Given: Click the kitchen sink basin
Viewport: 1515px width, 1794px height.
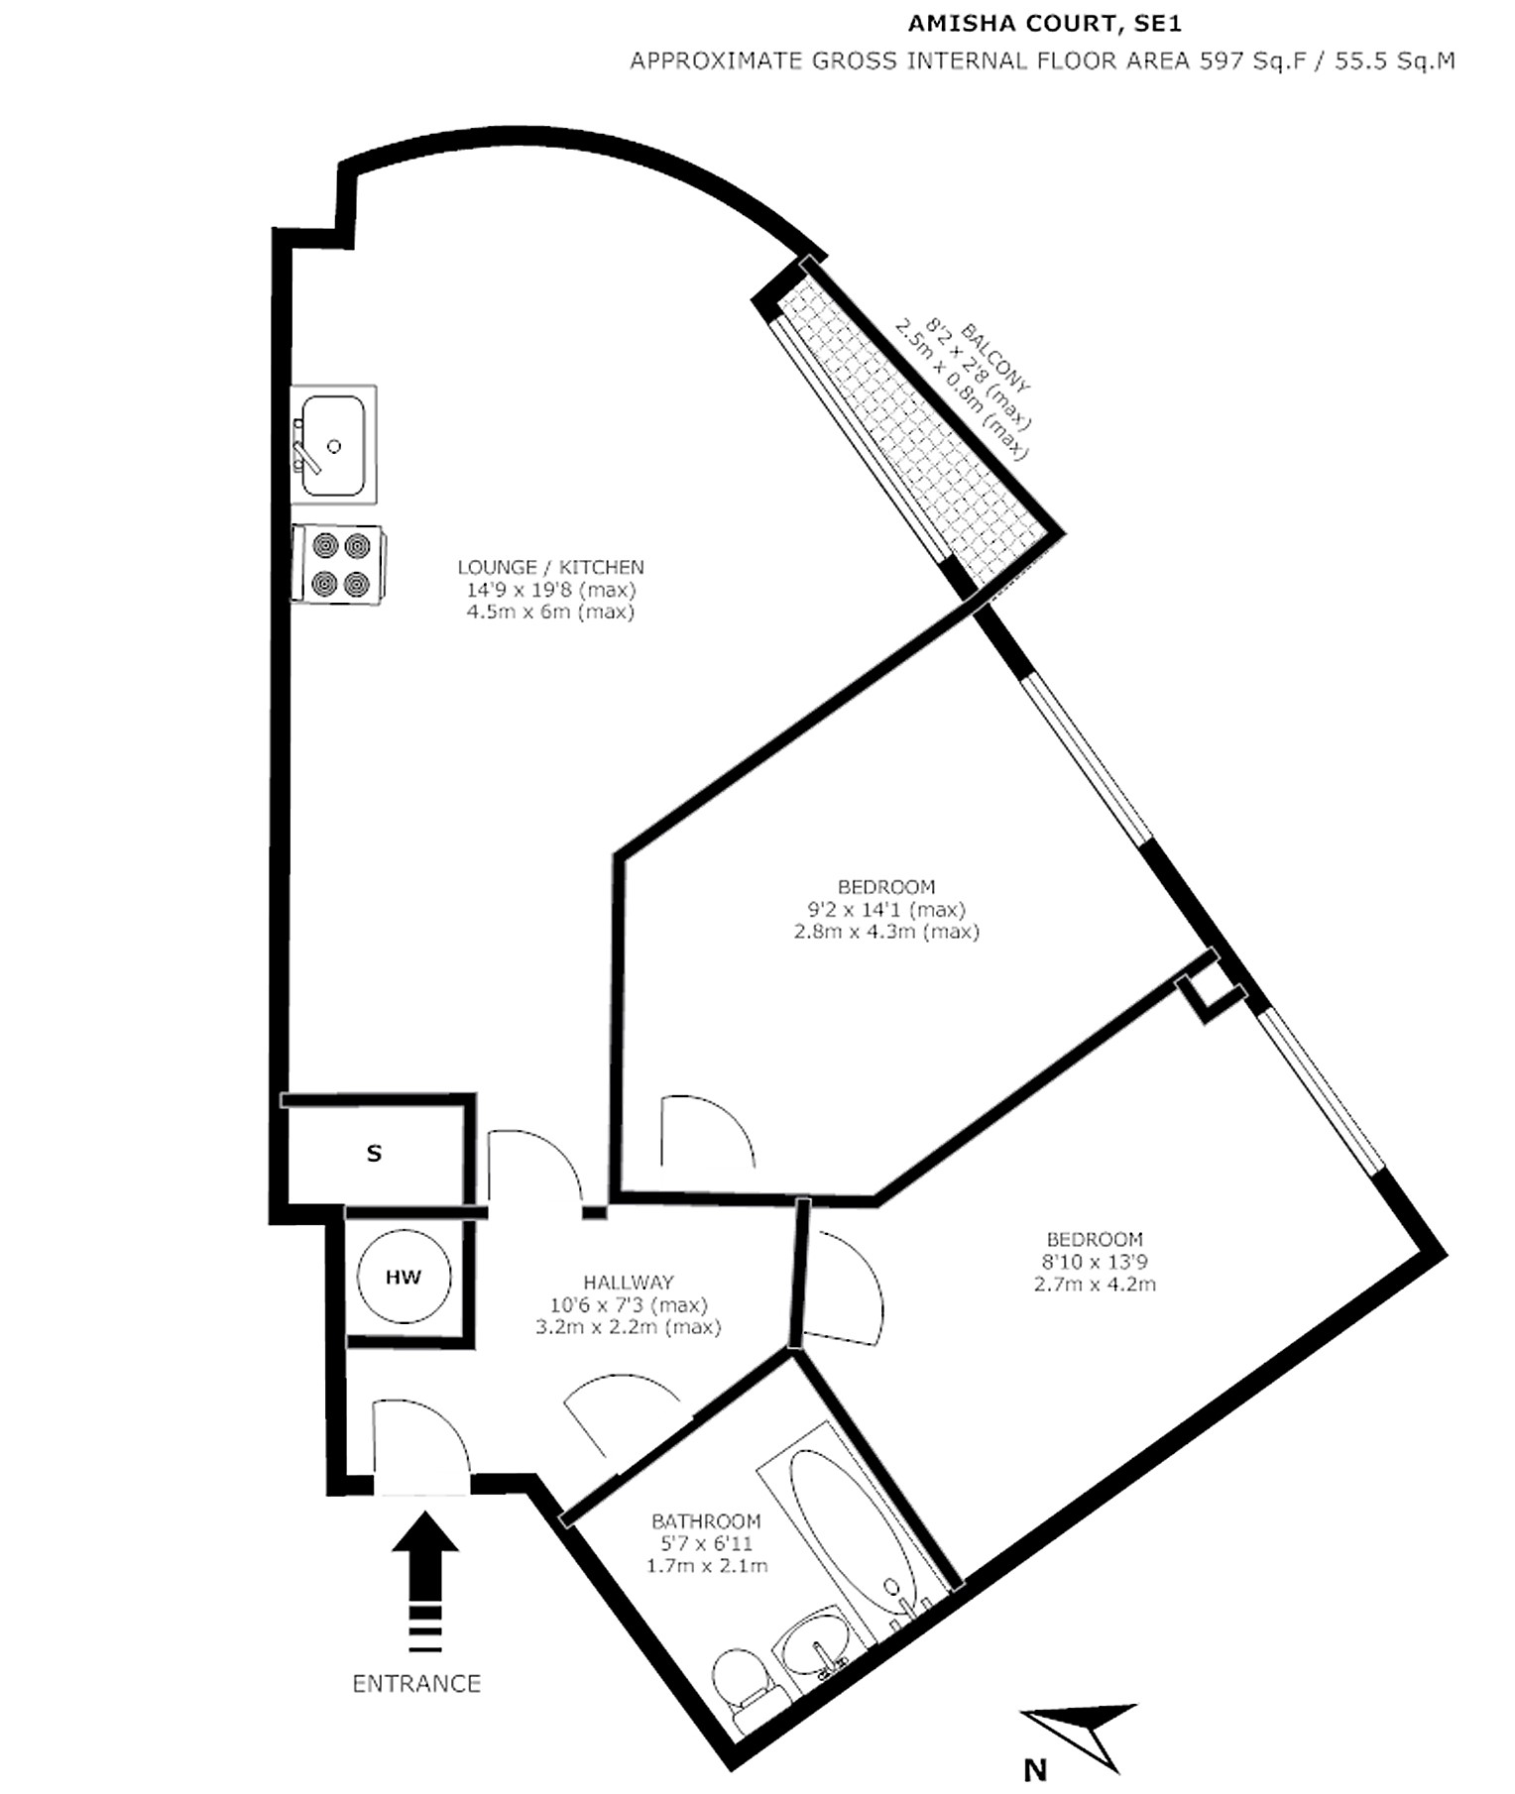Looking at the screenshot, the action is (333, 445).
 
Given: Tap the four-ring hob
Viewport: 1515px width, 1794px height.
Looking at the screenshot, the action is (338, 564).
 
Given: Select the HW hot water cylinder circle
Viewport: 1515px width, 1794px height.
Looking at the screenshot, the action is (404, 1277).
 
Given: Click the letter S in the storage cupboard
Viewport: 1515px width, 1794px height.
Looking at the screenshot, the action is (374, 1153).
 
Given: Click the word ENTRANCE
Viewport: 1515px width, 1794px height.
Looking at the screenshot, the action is (416, 1683).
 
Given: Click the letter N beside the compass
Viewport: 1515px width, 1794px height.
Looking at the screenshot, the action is (1035, 1769).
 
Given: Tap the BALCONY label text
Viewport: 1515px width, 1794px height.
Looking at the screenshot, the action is (996, 359).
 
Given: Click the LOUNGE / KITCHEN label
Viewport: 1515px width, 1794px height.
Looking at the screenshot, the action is (550, 567).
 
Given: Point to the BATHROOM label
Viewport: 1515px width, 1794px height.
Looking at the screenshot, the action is (706, 1520).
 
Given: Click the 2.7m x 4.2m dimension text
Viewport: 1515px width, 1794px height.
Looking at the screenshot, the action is (1095, 1284).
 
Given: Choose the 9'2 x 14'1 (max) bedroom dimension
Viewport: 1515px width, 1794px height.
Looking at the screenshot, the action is (886, 909).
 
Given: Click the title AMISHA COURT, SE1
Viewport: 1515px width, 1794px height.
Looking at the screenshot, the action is (1045, 24).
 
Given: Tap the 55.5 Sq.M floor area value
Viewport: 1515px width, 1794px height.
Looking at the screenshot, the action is (1395, 60).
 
